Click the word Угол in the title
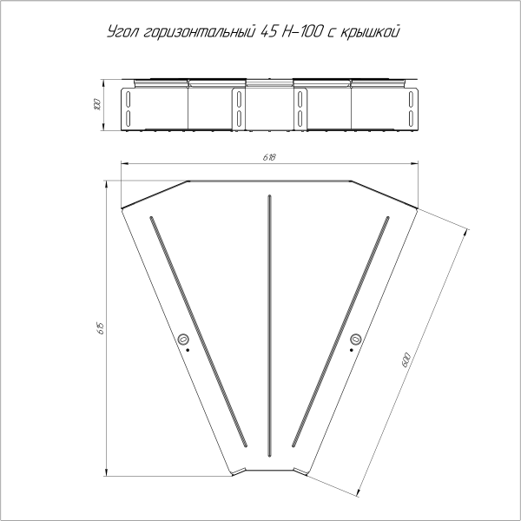(x=122, y=33)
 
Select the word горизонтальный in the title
(x=200, y=33)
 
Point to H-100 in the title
(x=304, y=32)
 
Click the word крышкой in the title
(x=370, y=33)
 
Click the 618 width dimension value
(x=269, y=157)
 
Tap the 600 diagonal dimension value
(x=406, y=359)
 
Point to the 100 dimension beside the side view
(x=96, y=105)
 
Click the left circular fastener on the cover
(x=182, y=340)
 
